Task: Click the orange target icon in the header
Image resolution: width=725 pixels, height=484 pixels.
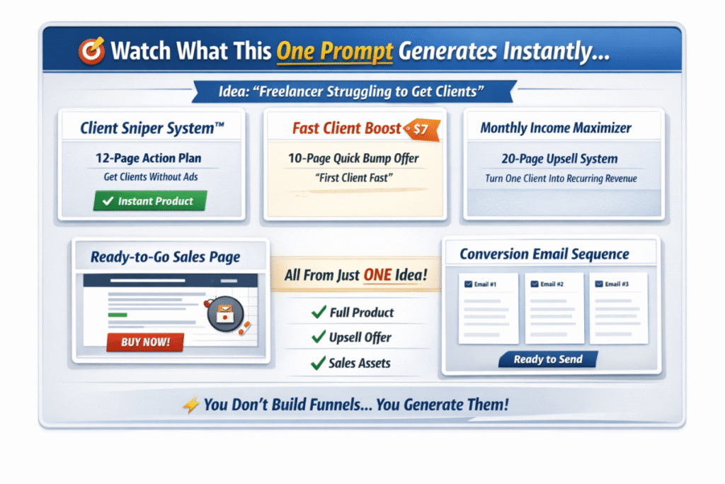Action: (x=91, y=50)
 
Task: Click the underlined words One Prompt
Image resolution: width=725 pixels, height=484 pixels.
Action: (x=335, y=52)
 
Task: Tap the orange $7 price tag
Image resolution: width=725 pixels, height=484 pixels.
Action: (x=422, y=129)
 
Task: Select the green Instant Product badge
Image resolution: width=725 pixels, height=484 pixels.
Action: (x=150, y=201)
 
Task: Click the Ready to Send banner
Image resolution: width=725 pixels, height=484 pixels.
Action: (x=548, y=359)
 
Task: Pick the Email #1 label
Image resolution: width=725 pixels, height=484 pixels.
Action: (x=485, y=284)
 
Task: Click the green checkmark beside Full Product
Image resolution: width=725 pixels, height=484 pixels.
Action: (x=319, y=313)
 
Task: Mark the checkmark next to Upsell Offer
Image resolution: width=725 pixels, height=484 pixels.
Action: (x=319, y=337)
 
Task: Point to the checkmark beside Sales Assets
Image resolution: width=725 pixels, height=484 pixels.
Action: (x=318, y=364)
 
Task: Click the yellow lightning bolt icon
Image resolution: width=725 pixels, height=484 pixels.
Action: (x=191, y=405)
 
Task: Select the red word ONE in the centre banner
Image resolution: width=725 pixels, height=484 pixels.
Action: (x=377, y=275)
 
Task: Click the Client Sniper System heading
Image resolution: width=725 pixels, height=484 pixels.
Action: (x=152, y=128)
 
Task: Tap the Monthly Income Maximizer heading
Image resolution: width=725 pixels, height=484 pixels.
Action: (x=556, y=128)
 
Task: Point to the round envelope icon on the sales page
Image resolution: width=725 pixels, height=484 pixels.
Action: (x=225, y=314)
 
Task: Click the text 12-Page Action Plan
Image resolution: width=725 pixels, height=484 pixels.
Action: (x=149, y=158)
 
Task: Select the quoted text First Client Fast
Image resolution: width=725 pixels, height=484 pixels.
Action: (x=354, y=178)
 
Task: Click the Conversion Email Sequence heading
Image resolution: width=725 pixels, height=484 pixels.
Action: (x=544, y=254)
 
